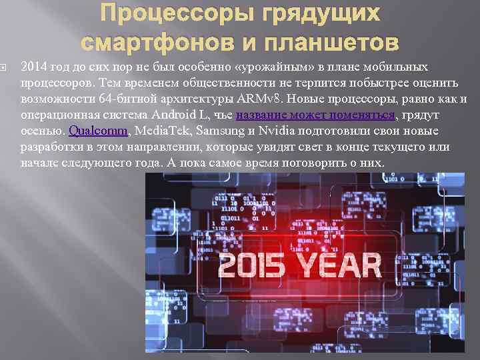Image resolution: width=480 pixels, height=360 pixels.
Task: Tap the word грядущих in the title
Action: pos(313,14)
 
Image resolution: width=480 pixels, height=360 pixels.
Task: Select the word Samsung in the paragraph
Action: pos(214,131)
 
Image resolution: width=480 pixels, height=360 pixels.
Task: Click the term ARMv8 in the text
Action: pos(256,99)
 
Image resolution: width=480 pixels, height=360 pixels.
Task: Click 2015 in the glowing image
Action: pos(257,265)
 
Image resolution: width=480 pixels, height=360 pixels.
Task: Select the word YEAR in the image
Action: pos(340,265)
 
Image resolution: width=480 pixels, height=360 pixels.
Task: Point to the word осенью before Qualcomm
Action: pos(43,131)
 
